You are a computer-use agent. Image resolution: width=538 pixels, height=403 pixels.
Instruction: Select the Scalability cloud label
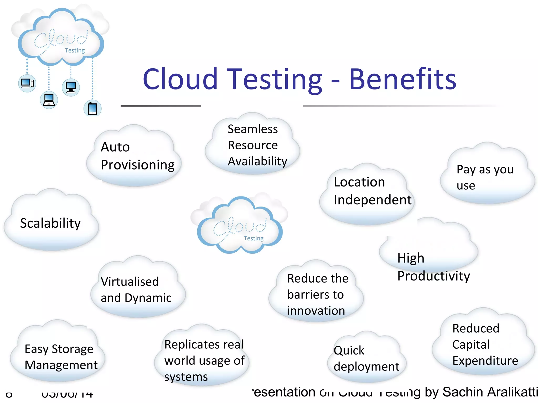click(x=50, y=223)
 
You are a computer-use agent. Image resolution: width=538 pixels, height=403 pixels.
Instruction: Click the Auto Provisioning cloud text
click(x=137, y=156)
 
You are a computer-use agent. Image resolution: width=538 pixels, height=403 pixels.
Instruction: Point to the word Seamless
click(x=252, y=129)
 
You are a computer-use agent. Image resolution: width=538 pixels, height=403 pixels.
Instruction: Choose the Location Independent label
click(x=372, y=191)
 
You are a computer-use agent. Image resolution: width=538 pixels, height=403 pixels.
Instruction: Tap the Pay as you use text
click(x=485, y=177)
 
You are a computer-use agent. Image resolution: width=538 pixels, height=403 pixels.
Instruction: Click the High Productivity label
click(x=433, y=267)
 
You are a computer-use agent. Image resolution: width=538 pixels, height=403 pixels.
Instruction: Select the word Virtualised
click(x=130, y=282)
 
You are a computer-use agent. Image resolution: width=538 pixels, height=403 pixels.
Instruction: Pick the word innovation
click(x=316, y=311)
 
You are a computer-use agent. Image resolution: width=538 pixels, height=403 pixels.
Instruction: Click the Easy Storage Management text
click(x=61, y=357)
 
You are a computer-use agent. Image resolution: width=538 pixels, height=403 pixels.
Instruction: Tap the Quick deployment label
click(x=366, y=358)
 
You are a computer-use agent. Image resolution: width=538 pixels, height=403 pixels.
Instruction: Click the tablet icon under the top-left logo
click(x=92, y=109)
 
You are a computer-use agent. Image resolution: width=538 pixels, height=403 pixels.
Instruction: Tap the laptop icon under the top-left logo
click(x=49, y=100)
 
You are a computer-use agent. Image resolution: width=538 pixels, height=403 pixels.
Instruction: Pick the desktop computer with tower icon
click(x=27, y=83)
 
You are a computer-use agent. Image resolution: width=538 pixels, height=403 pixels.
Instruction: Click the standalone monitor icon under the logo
click(x=71, y=87)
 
